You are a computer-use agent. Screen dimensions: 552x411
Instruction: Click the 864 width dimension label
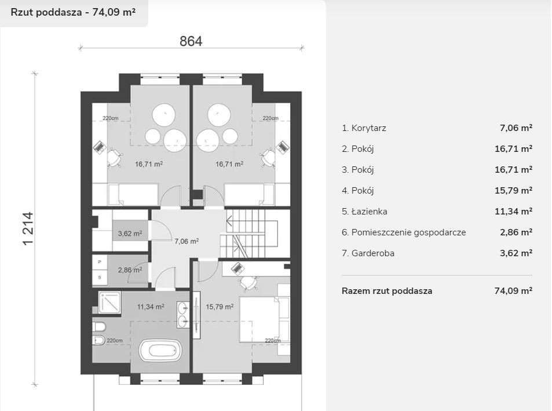coord(191,41)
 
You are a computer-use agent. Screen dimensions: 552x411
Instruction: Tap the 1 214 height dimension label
coord(28,228)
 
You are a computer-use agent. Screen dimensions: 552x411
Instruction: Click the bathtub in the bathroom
coord(160,351)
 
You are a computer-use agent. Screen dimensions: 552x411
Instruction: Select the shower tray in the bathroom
coord(109,303)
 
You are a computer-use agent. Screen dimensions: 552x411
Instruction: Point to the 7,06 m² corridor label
coord(187,241)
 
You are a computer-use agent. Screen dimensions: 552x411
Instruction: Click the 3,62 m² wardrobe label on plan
coord(130,233)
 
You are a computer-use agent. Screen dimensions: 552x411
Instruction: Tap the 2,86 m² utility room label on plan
coord(130,270)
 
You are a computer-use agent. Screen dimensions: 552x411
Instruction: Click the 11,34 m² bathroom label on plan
coord(151,307)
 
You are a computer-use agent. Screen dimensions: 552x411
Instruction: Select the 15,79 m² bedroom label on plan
coord(220,307)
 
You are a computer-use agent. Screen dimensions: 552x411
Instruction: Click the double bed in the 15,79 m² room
coord(259,319)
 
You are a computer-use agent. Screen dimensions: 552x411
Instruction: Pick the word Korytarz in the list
coord(368,128)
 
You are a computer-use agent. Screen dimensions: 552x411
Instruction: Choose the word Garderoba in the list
coord(373,253)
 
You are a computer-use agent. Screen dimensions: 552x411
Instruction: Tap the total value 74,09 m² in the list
coord(513,290)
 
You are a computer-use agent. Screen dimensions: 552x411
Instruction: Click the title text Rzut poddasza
coord(46,12)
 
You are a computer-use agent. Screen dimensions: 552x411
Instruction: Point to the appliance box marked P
coord(100,261)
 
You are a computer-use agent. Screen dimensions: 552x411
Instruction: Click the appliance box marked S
coord(100,277)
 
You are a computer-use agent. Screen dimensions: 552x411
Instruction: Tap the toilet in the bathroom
coord(99,327)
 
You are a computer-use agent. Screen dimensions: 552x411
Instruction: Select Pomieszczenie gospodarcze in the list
coord(409,232)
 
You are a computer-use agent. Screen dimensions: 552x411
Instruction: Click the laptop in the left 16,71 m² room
coord(100,147)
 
